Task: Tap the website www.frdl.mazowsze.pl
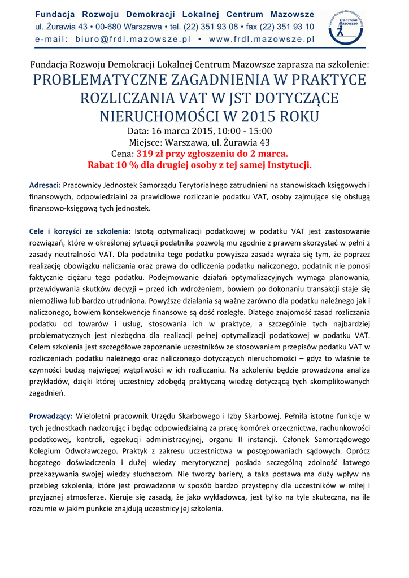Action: pyautogui.click(x=262, y=40)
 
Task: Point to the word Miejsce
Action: pyautogui.click(x=146, y=142)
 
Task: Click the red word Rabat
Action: pyautogui.click(x=102, y=165)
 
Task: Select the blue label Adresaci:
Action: pyautogui.click(x=45, y=185)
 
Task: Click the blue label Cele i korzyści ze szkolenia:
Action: pyautogui.click(x=80, y=231)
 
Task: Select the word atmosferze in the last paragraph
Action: pyautogui.click(x=88, y=496)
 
